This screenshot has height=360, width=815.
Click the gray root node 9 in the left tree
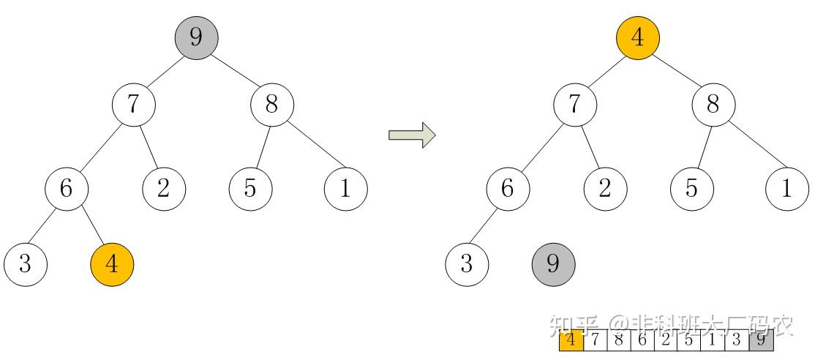coord(196,37)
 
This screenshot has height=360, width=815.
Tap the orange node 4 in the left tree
coord(112,264)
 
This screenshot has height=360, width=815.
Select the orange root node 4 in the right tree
coord(638,37)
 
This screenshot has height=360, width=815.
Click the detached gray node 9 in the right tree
coord(553,264)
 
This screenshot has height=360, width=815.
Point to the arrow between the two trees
coord(412,135)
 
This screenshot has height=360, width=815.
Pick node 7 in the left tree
coord(134,105)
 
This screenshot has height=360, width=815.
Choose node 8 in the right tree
coord(714,105)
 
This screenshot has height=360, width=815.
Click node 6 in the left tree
coord(67,189)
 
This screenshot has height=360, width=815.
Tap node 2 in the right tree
coord(605,189)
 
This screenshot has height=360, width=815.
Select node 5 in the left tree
coord(250,189)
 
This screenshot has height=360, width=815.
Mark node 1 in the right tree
coord(786,189)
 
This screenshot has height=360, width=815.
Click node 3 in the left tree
coord(26,264)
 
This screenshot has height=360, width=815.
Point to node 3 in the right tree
coord(467,264)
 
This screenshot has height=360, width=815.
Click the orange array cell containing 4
coord(571,341)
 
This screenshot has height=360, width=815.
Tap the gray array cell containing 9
coord(762,341)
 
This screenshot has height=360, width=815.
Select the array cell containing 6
coord(642,341)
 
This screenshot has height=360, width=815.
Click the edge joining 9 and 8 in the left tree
coord(233,70)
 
